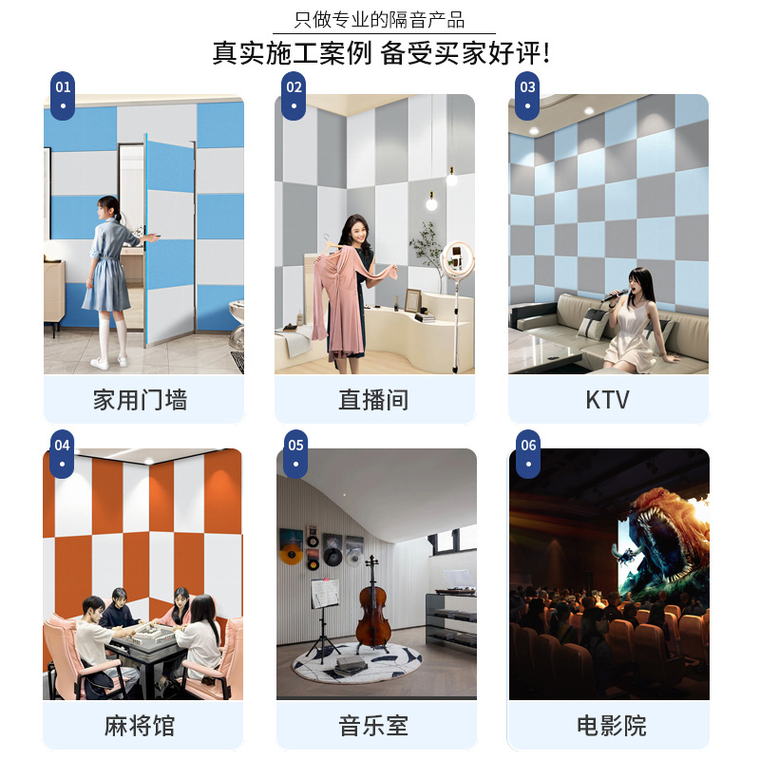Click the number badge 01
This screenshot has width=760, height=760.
[x=63, y=93]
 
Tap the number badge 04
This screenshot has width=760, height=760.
[x=63, y=450]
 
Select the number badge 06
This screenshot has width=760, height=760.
[x=528, y=450]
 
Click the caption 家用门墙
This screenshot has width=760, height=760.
[x=140, y=400]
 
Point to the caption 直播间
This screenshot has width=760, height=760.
[x=373, y=400]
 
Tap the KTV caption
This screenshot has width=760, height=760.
[x=608, y=400]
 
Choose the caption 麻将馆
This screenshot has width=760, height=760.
[x=140, y=727]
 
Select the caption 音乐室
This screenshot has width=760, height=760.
[x=373, y=727]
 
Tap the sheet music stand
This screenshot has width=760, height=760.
[x=325, y=595]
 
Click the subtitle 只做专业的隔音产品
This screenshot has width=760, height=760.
[x=380, y=19]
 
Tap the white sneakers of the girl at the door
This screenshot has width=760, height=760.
[x=108, y=361]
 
